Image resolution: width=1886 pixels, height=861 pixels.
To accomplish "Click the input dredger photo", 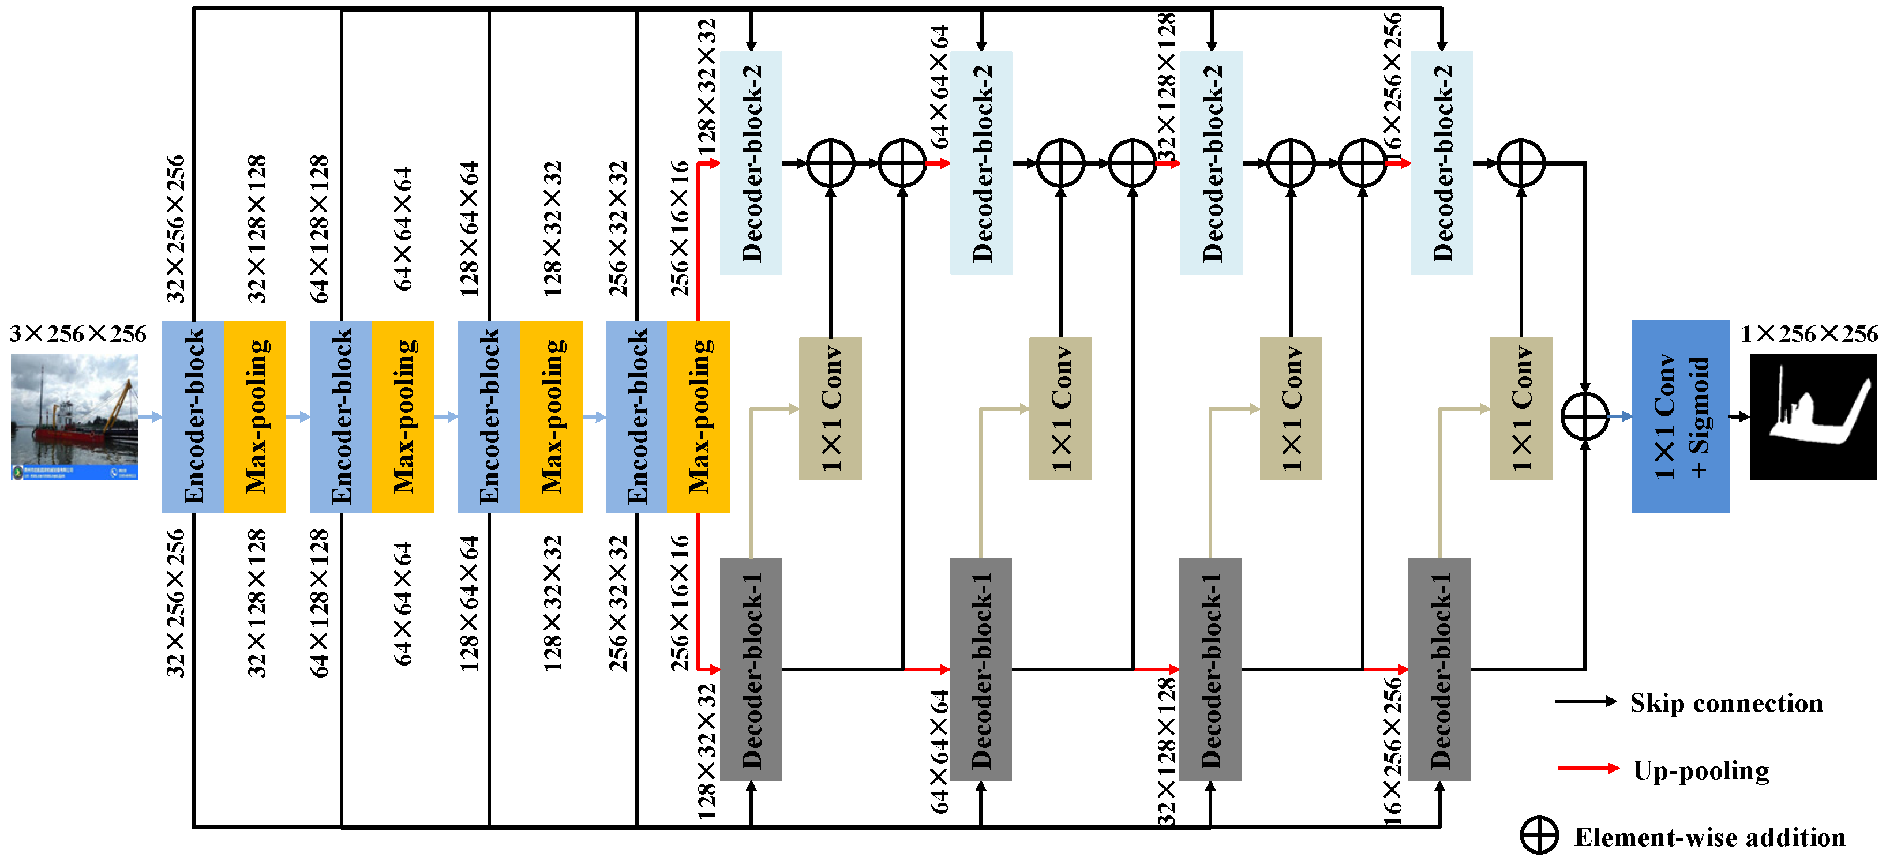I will [74, 416].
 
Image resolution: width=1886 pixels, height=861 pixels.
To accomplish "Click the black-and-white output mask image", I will [1813, 416].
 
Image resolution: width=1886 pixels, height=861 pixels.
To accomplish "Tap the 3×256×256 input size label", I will [78, 334].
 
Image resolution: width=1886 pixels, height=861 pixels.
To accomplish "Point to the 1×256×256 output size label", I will [1808, 334].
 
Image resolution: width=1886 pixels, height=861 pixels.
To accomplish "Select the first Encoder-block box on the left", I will [193, 416].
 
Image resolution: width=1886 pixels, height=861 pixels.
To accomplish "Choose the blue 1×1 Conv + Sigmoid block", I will [1680, 416].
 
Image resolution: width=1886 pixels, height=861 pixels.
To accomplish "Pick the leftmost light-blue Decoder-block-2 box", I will [751, 163].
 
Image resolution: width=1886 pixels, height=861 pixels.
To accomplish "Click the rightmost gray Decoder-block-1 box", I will [1439, 669].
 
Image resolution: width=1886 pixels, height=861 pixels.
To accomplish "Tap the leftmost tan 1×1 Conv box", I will [830, 408].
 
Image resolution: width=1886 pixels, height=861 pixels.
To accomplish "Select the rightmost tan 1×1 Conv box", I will [1521, 408].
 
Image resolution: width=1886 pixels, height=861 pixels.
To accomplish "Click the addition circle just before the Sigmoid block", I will [1585, 416].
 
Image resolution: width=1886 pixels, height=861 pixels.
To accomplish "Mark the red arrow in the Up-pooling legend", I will [1587, 768].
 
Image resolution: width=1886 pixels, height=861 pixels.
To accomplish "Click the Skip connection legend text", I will [1726, 703].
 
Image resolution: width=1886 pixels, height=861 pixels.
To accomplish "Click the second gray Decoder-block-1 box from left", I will [981, 669].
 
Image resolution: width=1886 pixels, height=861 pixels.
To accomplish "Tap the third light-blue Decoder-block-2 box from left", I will [1212, 163].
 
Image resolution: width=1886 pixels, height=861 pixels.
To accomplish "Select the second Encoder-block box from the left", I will [340, 416].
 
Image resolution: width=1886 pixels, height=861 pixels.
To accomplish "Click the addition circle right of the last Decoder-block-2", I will [1521, 163].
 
